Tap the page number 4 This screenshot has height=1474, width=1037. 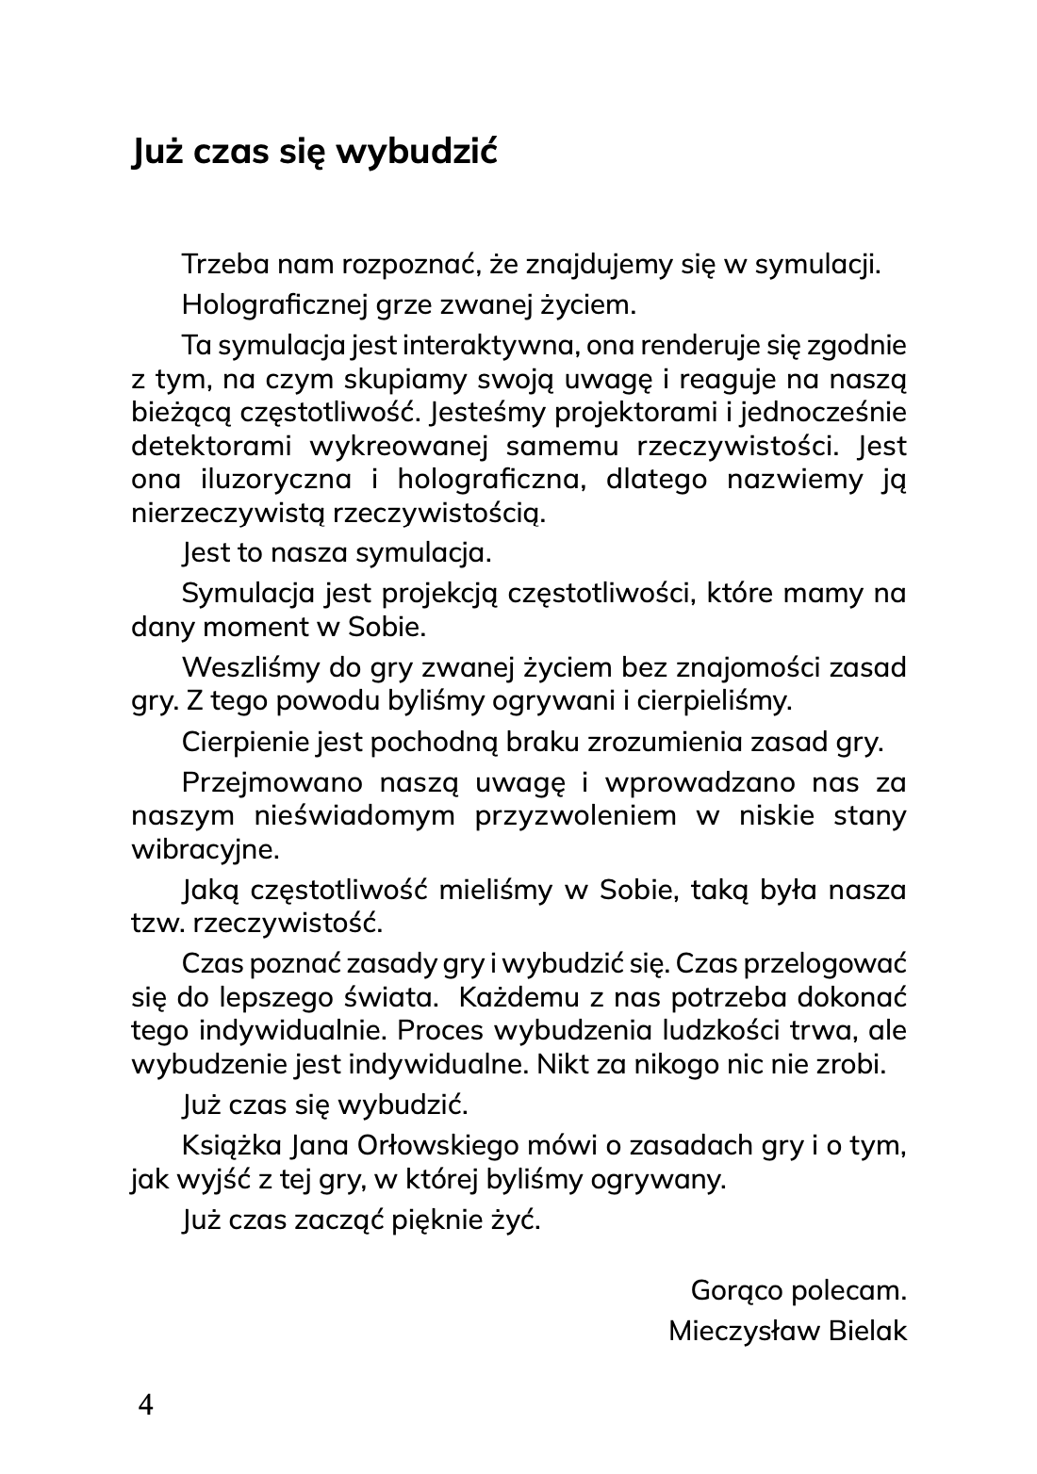coord(145,1405)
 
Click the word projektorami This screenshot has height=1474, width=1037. coord(679,413)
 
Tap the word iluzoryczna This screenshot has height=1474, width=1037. coord(275,480)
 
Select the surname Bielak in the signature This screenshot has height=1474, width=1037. coord(864,1332)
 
